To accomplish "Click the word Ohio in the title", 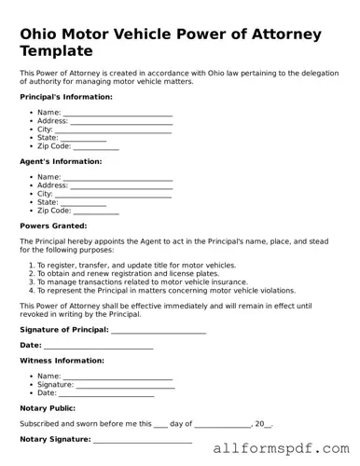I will pyautogui.click(x=39, y=34).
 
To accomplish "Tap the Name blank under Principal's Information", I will pyautogui.click(x=118, y=113).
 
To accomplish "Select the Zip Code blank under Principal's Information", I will pyautogui.click(x=96, y=147).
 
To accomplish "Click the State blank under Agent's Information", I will pyautogui.click(x=83, y=202).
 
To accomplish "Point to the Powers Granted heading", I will pyautogui.click(x=53, y=226).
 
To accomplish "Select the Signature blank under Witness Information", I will pyautogui.click(x=124, y=384).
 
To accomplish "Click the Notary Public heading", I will pyautogui.click(x=47, y=408).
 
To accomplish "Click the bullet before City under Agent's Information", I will pyautogui.click(x=32, y=194).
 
